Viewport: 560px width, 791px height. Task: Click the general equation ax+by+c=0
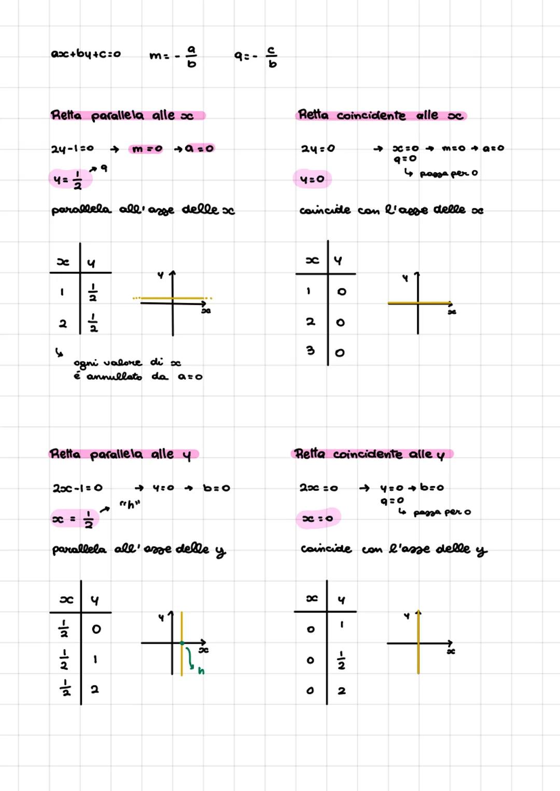point(86,54)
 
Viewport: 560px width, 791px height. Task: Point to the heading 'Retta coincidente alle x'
point(381,115)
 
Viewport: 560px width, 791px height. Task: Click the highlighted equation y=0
point(312,179)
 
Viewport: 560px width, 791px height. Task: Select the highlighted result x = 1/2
point(73,519)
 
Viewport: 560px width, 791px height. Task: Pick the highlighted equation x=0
point(317,519)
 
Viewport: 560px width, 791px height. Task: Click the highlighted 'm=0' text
point(147,149)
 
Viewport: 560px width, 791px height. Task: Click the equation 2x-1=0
point(77,488)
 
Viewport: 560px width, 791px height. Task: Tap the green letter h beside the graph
point(201,671)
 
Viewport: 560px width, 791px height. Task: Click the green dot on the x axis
point(182,643)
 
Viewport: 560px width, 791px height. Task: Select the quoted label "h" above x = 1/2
point(130,504)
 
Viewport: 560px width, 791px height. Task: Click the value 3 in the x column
point(311,351)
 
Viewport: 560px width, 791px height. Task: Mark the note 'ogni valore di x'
point(127,362)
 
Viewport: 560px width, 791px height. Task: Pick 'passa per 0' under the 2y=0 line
point(449,173)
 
